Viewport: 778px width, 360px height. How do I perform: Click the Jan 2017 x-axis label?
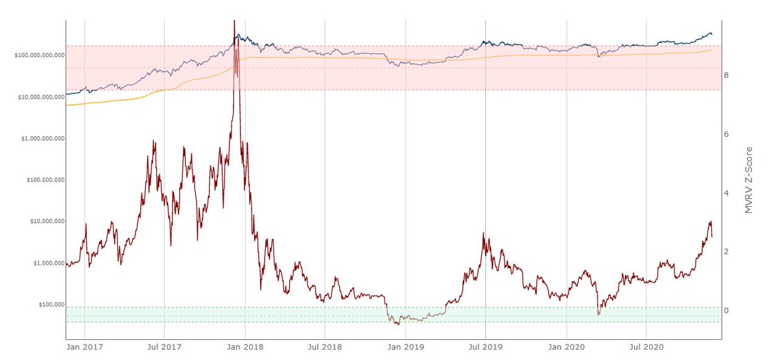(84, 348)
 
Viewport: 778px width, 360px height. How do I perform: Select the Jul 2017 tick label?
(165, 348)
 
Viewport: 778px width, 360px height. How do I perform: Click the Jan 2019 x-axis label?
(406, 348)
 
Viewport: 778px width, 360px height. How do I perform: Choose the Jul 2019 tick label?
(486, 348)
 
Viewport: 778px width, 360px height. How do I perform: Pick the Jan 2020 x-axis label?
(567, 348)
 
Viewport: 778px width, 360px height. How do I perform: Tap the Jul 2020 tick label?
(646, 348)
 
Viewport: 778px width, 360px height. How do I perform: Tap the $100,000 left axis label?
(47, 305)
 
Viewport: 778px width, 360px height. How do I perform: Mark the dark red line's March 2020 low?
(598, 315)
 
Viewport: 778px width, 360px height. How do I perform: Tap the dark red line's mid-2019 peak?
(484, 234)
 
